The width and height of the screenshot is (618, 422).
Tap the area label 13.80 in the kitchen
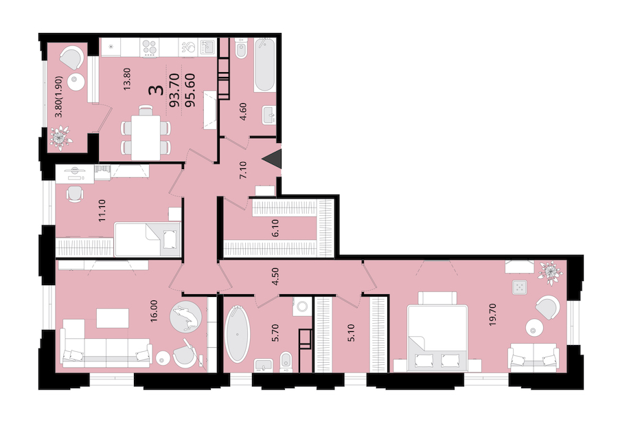pyautogui.click(x=127, y=79)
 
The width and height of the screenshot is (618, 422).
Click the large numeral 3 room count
pyautogui.click(x=157, y=90)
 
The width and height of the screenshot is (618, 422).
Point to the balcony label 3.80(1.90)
pyautogui.click(x=59, y=97)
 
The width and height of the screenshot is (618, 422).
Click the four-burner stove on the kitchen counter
pyautogui.click(x=150, y=47)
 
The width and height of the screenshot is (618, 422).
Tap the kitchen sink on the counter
pyautogui.click(x=207, y=47)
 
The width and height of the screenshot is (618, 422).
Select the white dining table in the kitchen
pyautogui.click(x=146, y=137)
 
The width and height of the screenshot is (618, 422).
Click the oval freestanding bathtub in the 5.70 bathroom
pyautogui.click(x=237, y=333)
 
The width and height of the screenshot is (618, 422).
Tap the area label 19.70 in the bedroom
pyautogui.click(x=492, y=314)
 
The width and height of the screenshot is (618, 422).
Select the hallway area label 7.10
pyautogui.click(x=243, y=170)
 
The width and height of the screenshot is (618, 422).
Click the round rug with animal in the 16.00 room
pyautogui.click(x=185, y=316)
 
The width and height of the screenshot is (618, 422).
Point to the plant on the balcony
pyautogui.click(x=60, y=137)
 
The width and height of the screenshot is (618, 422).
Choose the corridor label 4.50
pyautogui.click(x=275, y=276)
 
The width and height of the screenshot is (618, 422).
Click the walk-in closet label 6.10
pyautogui.click(x=275, y=228)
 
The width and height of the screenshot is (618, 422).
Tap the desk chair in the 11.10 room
pyautogui.click(x=75, y=194)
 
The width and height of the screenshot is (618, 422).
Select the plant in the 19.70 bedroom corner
pyautogui.click(x=550, y=273)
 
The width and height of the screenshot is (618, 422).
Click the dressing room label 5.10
pyautogui.click(x=352, y=333)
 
